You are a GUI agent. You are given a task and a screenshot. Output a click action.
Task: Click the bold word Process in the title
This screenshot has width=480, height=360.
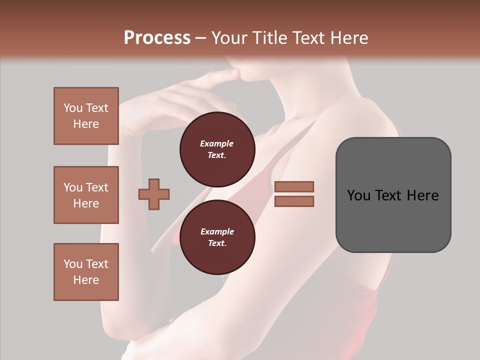157,37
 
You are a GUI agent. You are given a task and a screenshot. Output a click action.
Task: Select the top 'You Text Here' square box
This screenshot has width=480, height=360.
86,116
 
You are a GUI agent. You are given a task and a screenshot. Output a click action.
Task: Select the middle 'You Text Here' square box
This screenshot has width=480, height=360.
86,195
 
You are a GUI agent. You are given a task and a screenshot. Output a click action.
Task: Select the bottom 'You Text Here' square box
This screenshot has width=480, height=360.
86,272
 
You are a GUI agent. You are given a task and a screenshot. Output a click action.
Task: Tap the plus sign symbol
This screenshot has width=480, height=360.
154,194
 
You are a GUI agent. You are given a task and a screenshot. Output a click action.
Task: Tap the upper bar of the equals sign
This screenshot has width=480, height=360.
294,186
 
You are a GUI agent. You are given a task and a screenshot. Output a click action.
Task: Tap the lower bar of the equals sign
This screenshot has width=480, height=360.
294,201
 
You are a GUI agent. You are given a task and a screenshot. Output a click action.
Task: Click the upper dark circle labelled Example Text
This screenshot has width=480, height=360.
217,149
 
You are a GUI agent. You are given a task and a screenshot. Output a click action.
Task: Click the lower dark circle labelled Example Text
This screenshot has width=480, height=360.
217,237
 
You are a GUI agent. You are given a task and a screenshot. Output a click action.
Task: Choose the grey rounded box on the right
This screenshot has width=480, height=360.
393,195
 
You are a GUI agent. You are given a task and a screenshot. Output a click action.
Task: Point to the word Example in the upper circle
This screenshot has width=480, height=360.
217,143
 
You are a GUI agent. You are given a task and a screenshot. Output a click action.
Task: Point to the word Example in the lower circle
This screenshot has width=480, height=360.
217,231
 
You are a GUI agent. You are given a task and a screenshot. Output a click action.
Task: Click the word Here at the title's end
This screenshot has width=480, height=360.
350,37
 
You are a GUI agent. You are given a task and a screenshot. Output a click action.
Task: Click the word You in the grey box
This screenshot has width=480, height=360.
359,195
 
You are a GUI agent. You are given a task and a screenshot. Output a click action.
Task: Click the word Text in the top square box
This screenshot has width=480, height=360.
97,108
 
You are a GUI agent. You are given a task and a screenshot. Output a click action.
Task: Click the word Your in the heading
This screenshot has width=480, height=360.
230,37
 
